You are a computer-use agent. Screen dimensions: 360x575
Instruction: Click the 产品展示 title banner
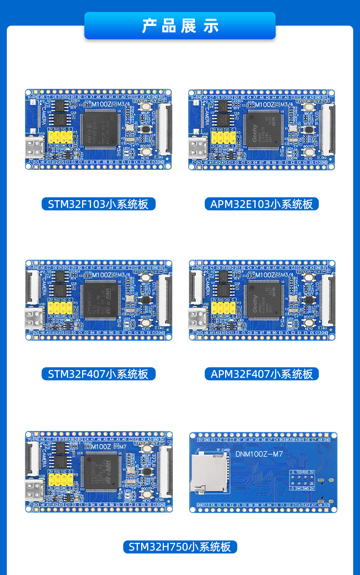(180, 25)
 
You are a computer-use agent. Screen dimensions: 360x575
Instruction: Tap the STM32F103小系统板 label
(98, 204)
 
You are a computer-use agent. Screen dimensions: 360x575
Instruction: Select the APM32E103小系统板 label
(262, 204)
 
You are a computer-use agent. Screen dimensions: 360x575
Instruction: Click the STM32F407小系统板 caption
(98, 374)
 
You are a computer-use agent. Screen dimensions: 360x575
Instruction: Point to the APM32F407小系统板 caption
(262, 374)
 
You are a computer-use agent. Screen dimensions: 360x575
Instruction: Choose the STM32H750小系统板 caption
(180, 547)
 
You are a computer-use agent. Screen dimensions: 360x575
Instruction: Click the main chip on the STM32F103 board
(100, 128)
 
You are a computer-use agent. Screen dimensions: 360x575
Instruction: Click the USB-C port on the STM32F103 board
(36, 146)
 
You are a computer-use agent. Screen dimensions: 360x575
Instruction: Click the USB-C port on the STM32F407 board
(36, 316)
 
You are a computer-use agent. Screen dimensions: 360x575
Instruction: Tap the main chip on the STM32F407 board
(100, 299)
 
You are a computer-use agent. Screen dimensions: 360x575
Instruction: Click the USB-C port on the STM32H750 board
(36, 490)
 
